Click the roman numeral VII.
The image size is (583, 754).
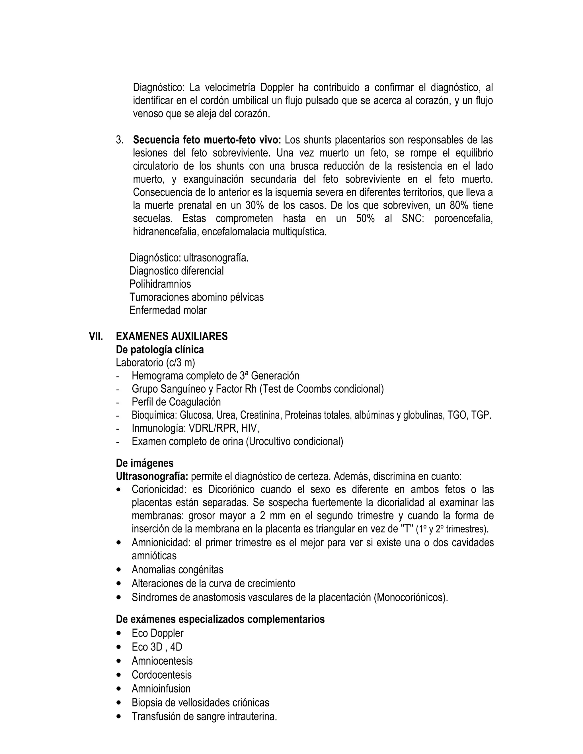coord(96,337)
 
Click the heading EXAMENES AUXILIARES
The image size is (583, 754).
coord(172,337)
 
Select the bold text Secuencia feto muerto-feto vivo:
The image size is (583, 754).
coord(207,140)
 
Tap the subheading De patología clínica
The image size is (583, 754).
coord(160,350)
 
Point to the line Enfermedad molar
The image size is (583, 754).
coord(168,310)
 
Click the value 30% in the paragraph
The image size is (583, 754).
coord(254,206)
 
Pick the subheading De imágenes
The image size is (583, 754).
coord(145,463)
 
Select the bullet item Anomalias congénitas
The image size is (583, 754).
coord(178,569)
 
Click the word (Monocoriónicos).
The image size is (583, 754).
coord(411,598)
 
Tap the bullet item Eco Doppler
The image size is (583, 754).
coord(157,633)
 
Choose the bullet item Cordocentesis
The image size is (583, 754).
coord(161,675)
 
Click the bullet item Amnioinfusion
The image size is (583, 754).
coord(161,689)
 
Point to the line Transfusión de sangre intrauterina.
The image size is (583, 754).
coord(204,717)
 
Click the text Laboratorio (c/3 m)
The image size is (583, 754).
coord(155,363)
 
